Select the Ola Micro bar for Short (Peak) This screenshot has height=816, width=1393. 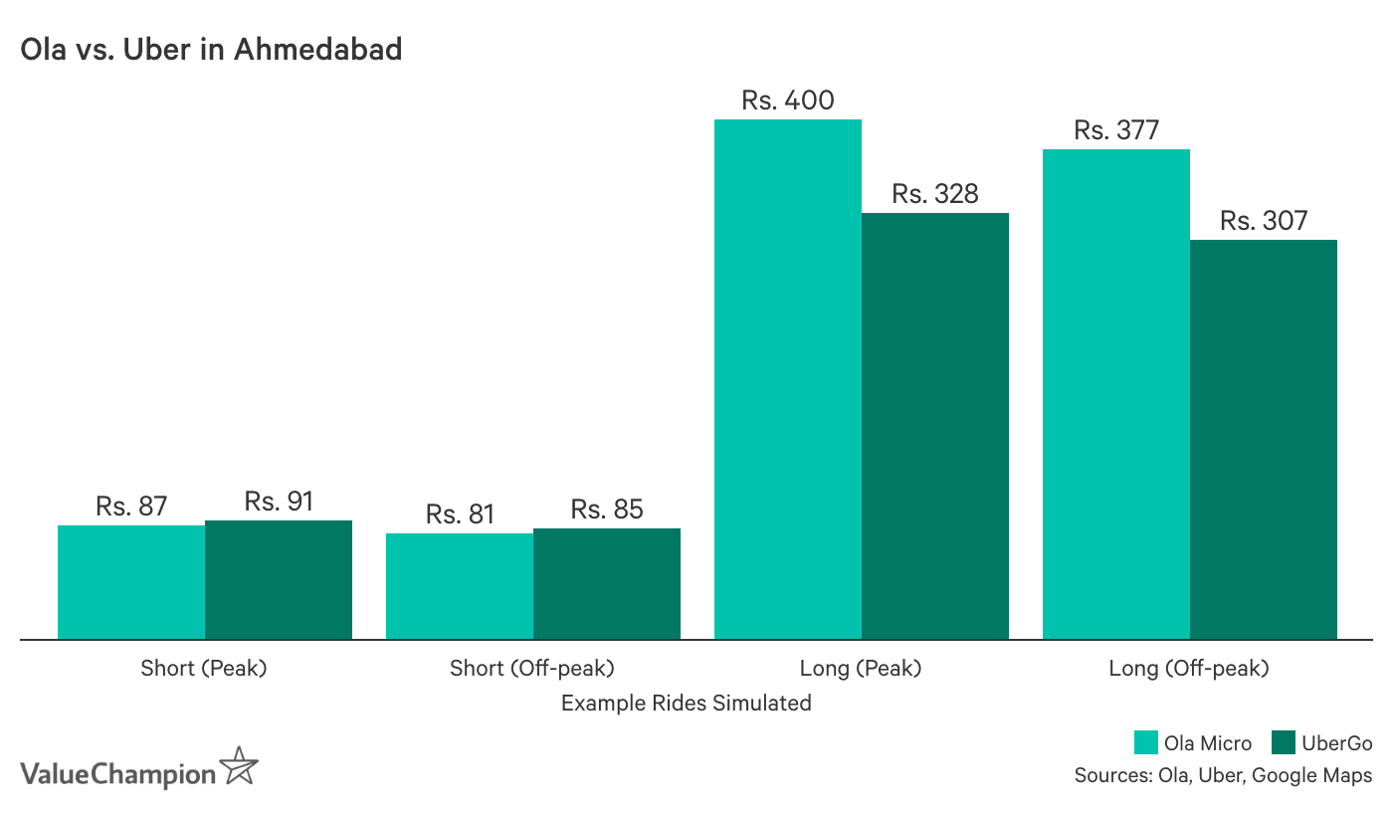[131, 582]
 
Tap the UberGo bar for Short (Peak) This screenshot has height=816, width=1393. [279, 579]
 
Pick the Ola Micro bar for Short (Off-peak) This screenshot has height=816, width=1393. [460, 586]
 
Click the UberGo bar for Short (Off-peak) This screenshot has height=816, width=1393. [607, 583]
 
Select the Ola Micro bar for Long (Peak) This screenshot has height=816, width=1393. [788, 379]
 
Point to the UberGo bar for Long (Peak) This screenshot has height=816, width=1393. [935, 426]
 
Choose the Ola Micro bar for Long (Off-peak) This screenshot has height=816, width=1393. [1116, 394]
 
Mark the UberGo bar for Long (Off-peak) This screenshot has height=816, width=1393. [1264, 439]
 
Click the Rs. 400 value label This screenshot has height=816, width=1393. [788, 101]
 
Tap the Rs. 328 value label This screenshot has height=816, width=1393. [935, 194]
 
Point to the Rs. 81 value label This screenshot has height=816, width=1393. [460, 514]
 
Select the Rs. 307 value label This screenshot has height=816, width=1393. [1264, 221]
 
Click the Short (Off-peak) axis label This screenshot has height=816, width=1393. [532, 668]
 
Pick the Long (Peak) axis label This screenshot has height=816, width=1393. [861, 668]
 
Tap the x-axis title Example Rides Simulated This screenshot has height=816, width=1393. [686, 704]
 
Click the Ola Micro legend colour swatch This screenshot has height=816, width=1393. [1147, 742]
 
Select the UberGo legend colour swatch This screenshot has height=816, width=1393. [1284, 742]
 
